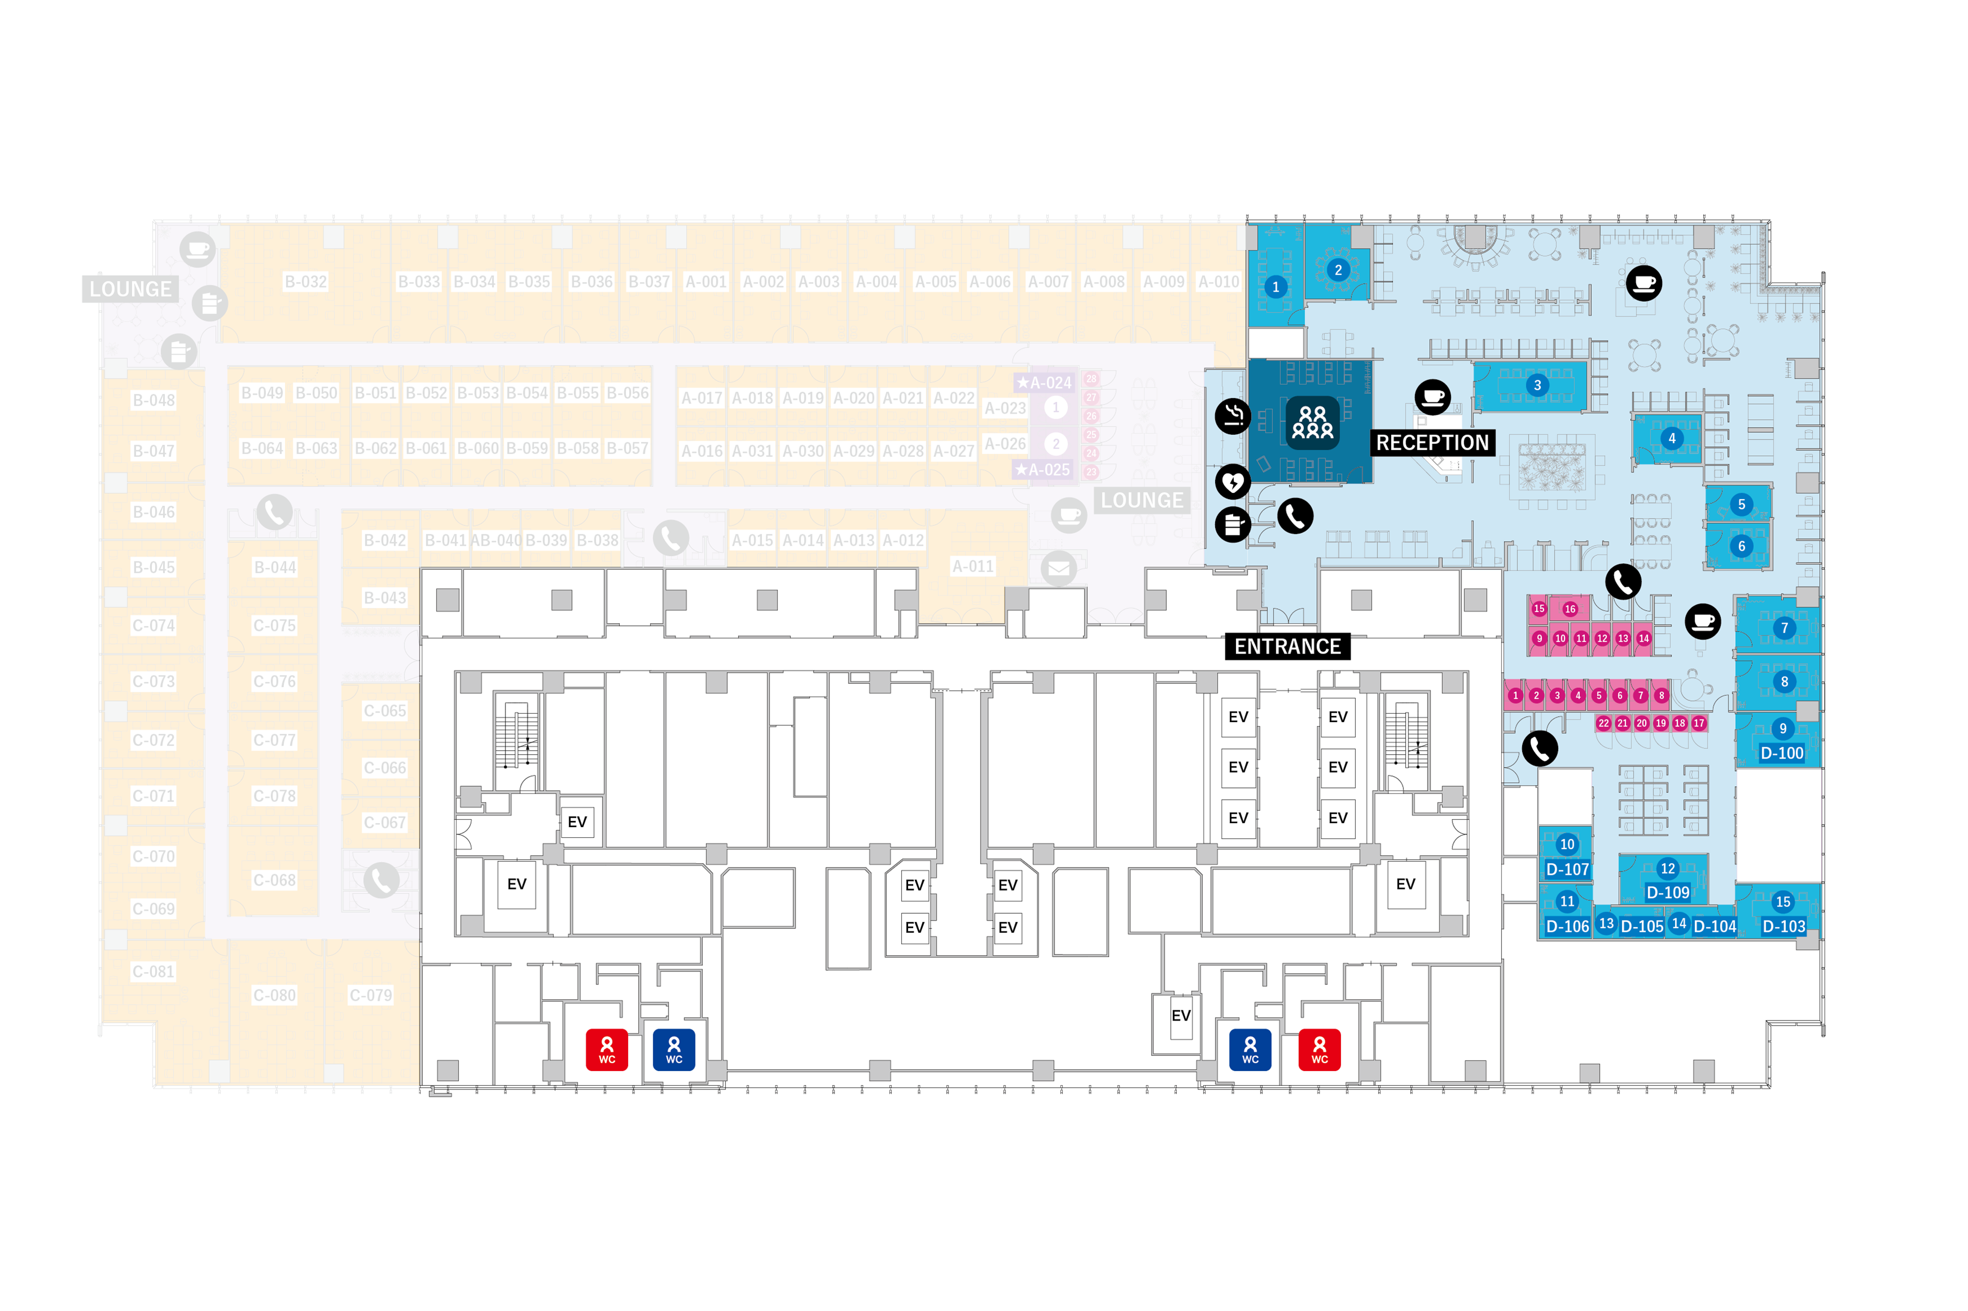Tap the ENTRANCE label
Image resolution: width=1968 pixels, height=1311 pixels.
click(x=1287, y=646)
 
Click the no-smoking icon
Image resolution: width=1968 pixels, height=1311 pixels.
click(x=1232, y=415)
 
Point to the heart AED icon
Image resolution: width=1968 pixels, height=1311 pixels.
click(x=1232, y=482)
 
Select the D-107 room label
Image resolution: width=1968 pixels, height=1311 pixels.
click(x=1567, y=869)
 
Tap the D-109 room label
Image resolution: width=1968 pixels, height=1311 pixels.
click(x=1667, y=892)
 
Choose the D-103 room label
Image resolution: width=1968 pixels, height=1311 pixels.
click(x=1783, y=927)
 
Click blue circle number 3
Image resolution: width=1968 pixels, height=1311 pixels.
click(x=1536, y=385)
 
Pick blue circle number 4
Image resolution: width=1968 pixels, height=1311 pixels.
click(x=1671, y=438)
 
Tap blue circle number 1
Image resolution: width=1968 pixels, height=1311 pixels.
click(x=1275, y=287)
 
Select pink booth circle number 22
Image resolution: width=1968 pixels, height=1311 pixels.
click(x=1603, y=723)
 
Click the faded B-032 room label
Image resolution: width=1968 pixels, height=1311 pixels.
click(x=305, y=282)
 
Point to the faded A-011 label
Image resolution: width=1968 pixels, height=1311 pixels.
click(x=973, y=566)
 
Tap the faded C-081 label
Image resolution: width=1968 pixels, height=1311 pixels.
click(x=153, y=972)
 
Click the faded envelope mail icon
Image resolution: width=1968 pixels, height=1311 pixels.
click(x=1058, y=569)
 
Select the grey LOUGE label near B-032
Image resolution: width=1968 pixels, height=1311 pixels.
click(x=130, y=289)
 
